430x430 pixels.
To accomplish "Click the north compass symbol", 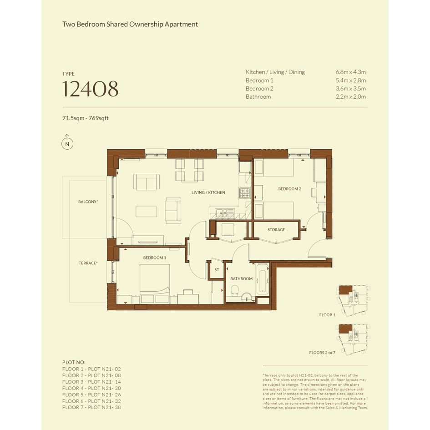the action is point(67,142).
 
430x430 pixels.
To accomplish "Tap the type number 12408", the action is point(90,89).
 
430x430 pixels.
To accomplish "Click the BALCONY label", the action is point(88,202).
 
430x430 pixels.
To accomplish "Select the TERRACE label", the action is point(88,263).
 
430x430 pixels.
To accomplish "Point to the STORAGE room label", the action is point(276,230).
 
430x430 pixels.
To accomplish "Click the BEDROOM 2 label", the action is point(289,189).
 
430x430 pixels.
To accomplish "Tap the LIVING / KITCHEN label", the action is point(208,192).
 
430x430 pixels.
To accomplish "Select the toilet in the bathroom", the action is point(235,290).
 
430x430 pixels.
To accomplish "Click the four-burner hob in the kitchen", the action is point(245,193).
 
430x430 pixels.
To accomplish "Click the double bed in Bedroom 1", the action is point(155,283).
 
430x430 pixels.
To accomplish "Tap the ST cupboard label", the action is point(217,270).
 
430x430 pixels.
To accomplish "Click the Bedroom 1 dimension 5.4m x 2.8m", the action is point(350,81).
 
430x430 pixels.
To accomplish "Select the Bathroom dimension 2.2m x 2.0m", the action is point(350,96).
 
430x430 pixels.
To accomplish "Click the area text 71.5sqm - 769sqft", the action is point(85,118).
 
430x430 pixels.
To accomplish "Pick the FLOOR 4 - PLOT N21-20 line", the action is point(91,388).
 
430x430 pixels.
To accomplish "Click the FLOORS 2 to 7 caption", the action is point(322,353).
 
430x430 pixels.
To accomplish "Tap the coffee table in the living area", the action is point(147,212).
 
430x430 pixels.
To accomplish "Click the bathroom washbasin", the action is point(247,297).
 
